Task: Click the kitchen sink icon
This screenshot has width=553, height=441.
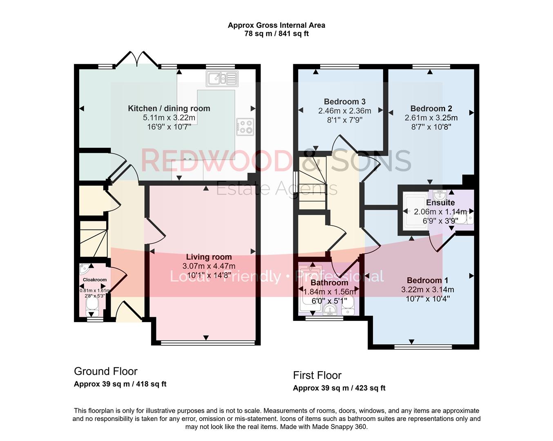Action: coord(222,78)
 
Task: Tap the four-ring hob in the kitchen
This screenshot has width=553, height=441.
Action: coord(245,127)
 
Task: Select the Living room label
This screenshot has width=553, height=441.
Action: coord(209,257)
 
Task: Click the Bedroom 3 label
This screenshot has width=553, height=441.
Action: coord(344,102)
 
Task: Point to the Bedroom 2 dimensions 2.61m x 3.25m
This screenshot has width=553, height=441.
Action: coord(431,118)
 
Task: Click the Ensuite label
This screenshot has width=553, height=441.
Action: coord(440,203)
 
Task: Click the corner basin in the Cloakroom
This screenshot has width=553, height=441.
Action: coord(85,269)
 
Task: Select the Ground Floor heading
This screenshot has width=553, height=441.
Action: coord(105,371)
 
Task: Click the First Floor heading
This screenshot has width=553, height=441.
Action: coord(317,375)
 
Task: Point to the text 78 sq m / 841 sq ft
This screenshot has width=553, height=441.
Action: coord(276,33)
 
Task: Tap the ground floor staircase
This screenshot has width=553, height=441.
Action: coord(93,239)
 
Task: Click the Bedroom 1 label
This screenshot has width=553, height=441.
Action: coord(427,281)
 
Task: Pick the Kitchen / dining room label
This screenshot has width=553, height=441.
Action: coord(169,108)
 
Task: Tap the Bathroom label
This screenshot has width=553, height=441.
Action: coord(329,283)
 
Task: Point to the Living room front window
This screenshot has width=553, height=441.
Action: coord(206,343)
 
